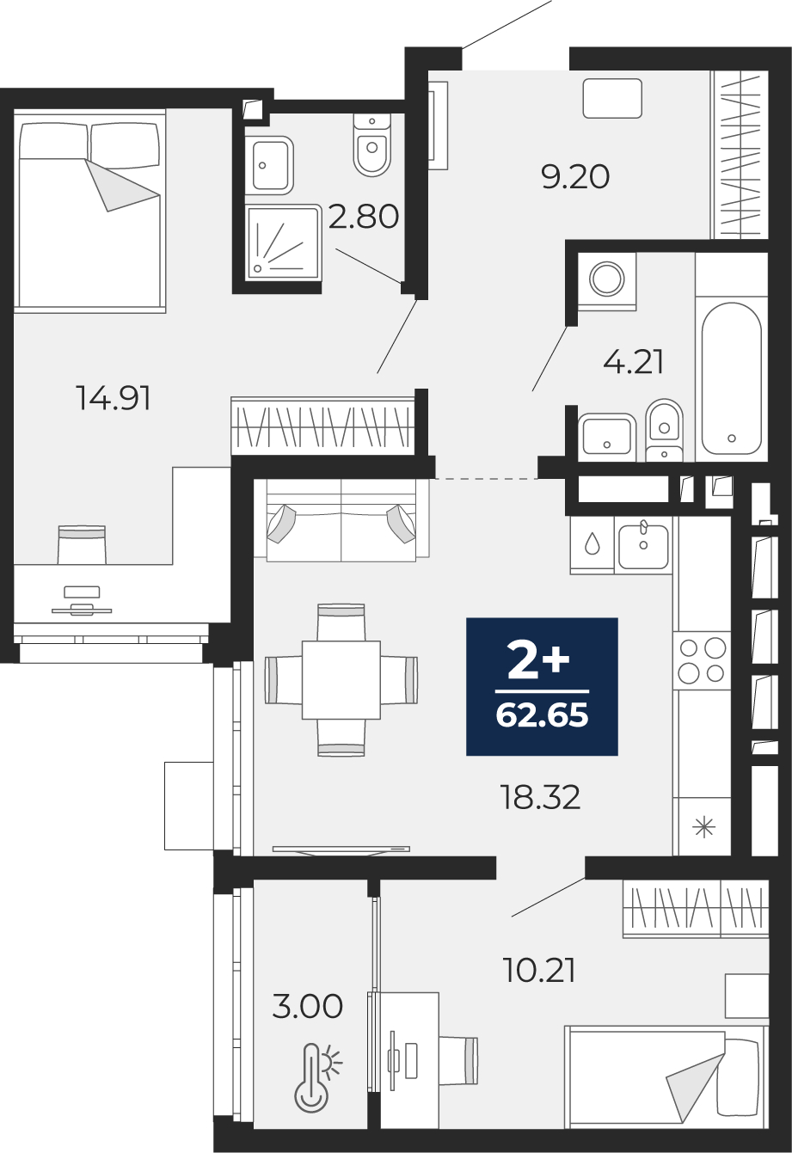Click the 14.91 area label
114,399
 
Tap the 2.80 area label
364,216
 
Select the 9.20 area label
575,177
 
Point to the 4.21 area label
634,362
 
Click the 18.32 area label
540,797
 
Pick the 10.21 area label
538,970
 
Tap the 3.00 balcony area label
308,1006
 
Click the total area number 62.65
542,715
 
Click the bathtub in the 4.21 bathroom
732,378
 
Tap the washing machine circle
607,279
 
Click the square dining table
341,679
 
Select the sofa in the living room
341,520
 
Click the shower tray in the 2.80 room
282,242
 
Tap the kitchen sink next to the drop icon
644,546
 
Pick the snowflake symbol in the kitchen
703,828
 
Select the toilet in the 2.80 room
371,145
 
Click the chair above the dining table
341,622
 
